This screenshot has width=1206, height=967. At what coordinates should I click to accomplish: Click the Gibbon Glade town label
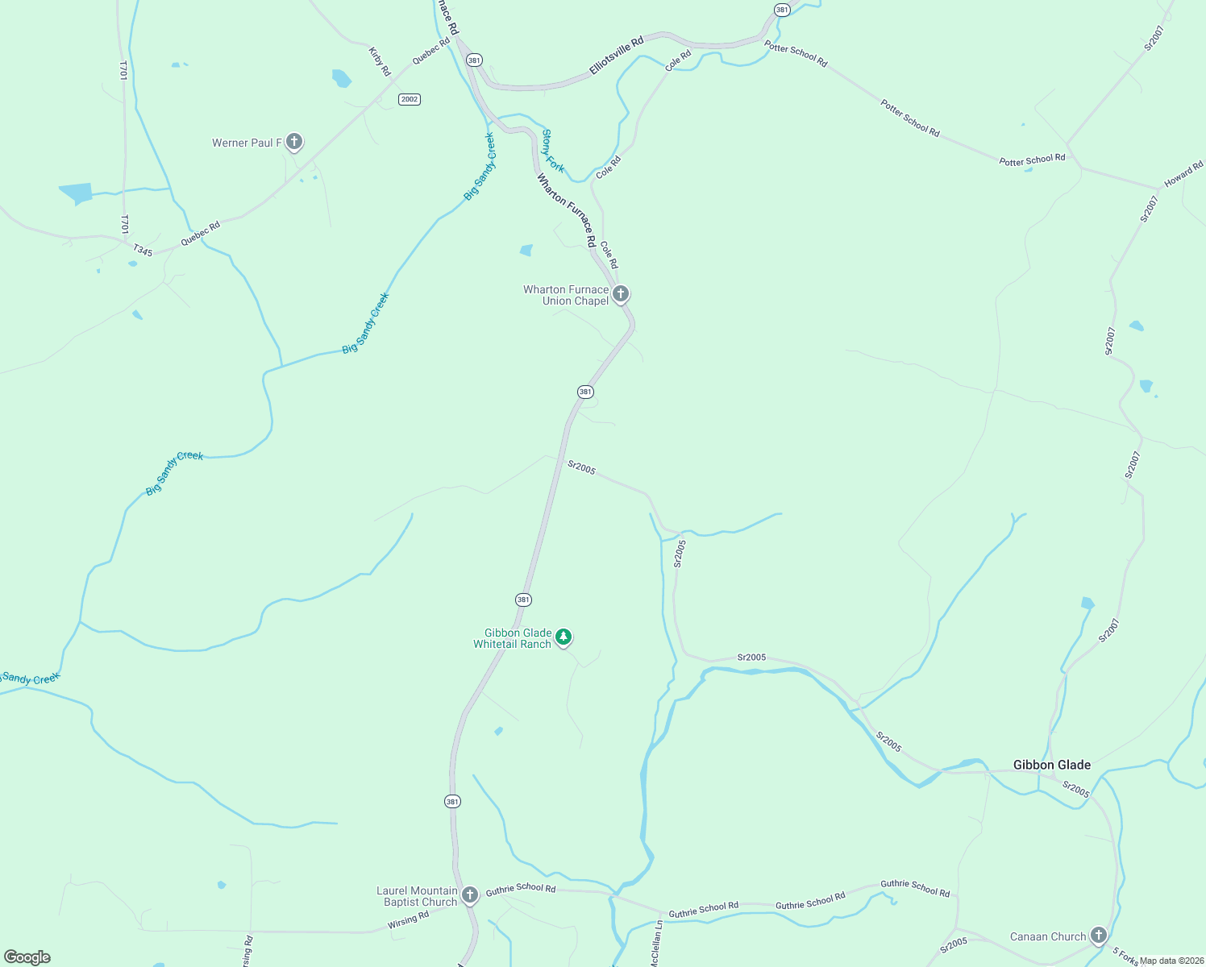[x=1051, y=765]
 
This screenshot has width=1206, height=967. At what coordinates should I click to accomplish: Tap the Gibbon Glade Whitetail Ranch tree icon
[x=563, y=637]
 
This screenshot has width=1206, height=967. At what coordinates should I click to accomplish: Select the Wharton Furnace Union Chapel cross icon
[x=620, y=293]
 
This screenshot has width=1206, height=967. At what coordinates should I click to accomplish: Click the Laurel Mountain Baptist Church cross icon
[x=469, y=894]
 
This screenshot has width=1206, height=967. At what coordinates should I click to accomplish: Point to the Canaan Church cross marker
[x=1098, y=935]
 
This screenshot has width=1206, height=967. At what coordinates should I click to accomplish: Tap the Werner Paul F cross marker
[x=294, y=142]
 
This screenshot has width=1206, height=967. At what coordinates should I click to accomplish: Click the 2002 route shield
[x=410, y=99]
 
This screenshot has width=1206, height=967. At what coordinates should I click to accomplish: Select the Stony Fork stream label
[x=553, y=151]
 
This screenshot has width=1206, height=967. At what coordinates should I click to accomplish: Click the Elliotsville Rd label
[x=617, y=55]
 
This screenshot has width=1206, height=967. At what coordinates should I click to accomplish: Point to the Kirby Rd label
[x=380, y=61]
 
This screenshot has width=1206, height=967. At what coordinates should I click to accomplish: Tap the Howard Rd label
[x=1183, y=172]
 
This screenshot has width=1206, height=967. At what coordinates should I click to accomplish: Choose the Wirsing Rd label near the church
[x=408, y=919]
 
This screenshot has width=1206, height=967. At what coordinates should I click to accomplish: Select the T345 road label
[x=143, y=251]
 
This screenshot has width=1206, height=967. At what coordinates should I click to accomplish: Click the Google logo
[x=27, y=957]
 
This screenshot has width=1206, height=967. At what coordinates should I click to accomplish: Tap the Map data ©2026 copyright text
[x=1171, y=960]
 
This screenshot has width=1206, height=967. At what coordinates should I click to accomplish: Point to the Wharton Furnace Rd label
[x=567, y=210]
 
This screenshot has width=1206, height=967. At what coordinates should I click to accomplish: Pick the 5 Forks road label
[x=1125, y=957]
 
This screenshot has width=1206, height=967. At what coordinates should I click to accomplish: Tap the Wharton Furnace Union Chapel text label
[x=566, y=295]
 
